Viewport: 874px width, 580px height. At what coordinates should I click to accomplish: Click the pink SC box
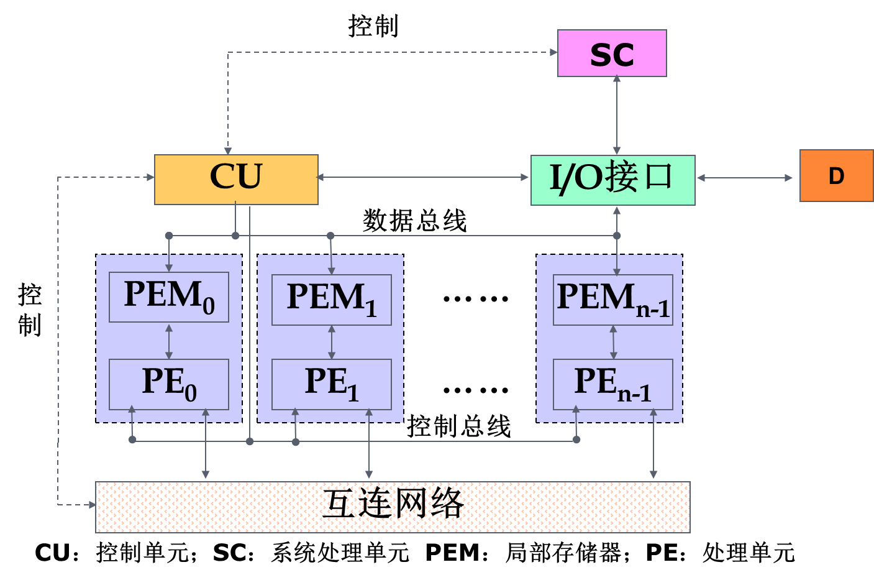tap(612, 53)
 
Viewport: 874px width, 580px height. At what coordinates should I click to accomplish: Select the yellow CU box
tap(236, 179)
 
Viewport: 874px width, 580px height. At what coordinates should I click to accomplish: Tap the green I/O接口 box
tap(612, 180)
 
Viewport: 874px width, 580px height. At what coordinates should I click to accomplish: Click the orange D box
tap(836, 176)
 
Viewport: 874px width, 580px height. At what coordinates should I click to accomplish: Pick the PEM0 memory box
tap(169, 297)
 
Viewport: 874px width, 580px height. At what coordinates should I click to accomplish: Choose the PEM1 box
tap(332, 299)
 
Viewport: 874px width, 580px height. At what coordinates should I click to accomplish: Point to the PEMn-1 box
tap(613, 299)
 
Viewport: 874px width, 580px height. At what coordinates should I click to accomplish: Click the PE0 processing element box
tap(169, 384)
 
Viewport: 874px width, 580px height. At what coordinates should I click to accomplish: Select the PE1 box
tap(332, 384)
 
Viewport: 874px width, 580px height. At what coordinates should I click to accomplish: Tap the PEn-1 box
tap(613, 384)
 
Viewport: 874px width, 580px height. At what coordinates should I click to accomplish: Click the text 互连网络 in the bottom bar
tap(393, 504)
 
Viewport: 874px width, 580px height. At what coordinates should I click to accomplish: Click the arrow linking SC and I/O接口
tap(617, 115)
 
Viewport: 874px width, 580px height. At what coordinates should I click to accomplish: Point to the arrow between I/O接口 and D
tap(745, 178)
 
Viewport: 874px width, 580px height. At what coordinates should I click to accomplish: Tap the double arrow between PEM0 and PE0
tap(169, 341)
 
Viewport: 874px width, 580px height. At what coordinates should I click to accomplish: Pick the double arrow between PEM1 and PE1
tap(332, 342)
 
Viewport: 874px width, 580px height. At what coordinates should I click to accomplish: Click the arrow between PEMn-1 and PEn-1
tap(614, 342)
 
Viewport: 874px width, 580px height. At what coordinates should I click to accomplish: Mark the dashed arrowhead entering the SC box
tap(553, 52)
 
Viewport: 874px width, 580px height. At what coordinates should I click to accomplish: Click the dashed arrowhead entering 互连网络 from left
tap(92, 505)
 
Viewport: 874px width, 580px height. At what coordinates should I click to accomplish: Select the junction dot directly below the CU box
tap(235, 236)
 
